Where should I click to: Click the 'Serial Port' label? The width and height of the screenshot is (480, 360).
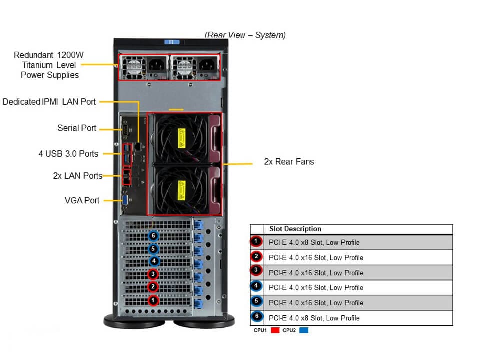tap(77, 128)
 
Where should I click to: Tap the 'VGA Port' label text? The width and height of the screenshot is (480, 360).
tap(82, 200)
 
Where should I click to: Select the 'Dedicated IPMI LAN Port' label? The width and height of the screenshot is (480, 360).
tap(49, 102)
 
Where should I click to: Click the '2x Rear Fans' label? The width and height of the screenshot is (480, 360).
tap(289, 162)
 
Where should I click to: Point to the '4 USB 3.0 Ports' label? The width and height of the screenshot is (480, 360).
tap(68, 154)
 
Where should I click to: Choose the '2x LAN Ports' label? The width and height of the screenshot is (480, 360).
tap(77, 176)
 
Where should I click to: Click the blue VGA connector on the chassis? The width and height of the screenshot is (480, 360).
tap(126, 201)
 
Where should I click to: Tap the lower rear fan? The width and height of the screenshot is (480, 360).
tap(181, 189)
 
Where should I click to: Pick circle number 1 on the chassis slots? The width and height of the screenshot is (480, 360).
tap(153, 300)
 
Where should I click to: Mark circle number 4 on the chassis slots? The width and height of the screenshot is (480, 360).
tap(153, 261)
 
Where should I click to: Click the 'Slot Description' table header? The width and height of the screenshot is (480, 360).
tap(295, 229)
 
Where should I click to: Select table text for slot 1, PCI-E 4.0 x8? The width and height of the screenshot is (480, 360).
tap(314, 243)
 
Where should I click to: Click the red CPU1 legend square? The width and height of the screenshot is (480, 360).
tap(274, 331)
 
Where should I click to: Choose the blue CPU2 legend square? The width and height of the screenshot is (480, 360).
tap(303, 331)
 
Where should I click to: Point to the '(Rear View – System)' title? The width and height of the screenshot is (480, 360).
tap(245, 35)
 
